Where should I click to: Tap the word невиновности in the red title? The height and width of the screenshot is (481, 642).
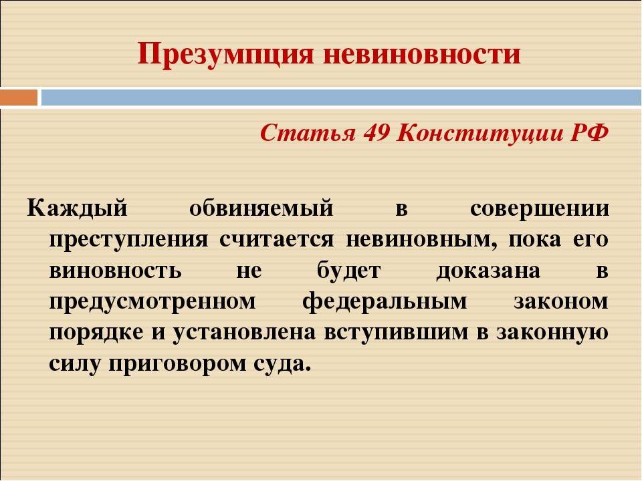pyautogui.click(x=422, y=55)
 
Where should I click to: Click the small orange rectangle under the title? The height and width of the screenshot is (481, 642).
pyautogui.click(x=19, y=98)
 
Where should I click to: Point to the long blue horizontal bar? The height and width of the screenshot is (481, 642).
pyautogui.click(x=342, y=98)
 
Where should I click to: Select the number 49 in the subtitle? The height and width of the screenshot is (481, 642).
pyautogui.click(x=376, y=132)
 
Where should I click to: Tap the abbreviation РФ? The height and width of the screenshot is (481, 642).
pyautogui.click(x=589, y=132)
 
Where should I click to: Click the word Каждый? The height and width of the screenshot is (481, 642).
pyautogui.click(x=78, y=208)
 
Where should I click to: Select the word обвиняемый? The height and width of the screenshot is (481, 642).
pyautogui.click(x=261, y=208)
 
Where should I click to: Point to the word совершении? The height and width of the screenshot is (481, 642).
pyautogui.click(x=539, y=208)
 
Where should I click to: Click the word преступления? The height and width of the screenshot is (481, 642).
pyautogui.click(x=128, y=240)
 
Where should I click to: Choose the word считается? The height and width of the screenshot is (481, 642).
pyautogui.click(x=276, y=239)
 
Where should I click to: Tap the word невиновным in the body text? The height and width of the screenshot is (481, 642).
pyautogui.click(x=421, y=239)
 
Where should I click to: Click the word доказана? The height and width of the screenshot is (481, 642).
pyautogui.click(x=488, y=271)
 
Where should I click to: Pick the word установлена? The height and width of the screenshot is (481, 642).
pyautogui.click(x=244, y=333)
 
